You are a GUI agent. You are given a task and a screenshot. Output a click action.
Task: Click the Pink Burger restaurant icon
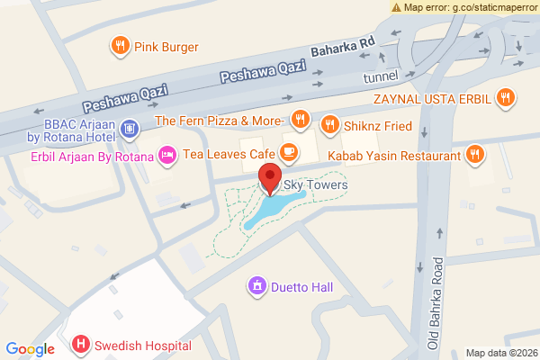tap(119, 46)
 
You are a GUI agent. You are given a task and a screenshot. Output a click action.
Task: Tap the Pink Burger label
tap(166, 47)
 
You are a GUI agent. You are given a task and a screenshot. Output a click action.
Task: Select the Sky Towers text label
tap(315, 185)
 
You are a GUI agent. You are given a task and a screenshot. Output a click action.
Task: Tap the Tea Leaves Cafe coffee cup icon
tap(290, 151)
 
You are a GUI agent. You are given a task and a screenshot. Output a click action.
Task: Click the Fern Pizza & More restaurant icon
tap(301, 120)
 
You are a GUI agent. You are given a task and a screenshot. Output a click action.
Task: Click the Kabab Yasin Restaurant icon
tap(475, 156)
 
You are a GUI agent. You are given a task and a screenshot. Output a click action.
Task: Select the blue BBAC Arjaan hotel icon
tap(130, 130)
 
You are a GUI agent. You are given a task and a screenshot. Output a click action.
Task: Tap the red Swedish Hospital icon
tap(81, 345)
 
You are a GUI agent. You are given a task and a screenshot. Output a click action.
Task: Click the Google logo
tap(31, 349)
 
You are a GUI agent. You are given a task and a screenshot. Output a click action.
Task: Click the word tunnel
tap(380, 78)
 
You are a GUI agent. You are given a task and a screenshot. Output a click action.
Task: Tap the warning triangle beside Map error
tap(397, 7)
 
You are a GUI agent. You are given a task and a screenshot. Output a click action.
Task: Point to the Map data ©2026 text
tap(500, 352)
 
